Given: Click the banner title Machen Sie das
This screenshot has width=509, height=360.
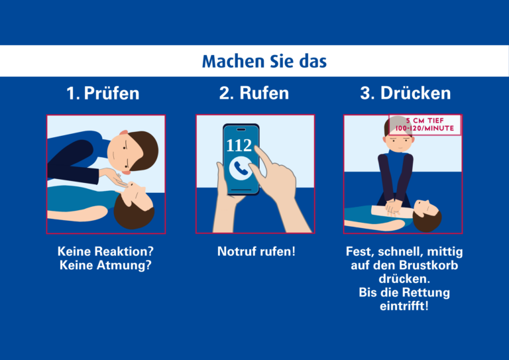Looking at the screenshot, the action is (264, 62).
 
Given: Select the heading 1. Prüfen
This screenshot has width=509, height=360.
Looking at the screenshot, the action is (103, 93).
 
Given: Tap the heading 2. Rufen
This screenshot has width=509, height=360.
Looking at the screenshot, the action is (254, 93).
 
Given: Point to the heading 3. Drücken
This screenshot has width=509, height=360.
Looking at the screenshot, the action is (406, 93).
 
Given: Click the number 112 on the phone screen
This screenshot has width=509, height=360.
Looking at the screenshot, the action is (239, 145).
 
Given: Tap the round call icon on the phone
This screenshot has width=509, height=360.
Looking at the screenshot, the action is (241, 168).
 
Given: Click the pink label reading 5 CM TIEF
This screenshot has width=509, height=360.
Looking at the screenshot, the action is (425, 121).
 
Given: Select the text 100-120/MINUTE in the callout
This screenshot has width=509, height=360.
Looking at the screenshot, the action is (425, 128).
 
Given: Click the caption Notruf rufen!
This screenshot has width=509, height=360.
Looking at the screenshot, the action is (256, 251).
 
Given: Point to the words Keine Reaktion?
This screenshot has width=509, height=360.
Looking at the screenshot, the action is (105, 251).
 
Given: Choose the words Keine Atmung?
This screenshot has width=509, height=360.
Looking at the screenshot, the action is (105, 265).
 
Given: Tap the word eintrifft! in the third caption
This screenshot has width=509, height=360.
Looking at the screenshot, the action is (404, 306).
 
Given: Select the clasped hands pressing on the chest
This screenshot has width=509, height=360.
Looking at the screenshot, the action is (394, 207).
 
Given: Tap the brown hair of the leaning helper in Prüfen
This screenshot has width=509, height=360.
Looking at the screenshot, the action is (144, 150).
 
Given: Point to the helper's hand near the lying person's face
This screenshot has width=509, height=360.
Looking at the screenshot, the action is (115, 177).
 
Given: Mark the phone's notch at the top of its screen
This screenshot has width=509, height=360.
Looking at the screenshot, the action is (241, 129).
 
